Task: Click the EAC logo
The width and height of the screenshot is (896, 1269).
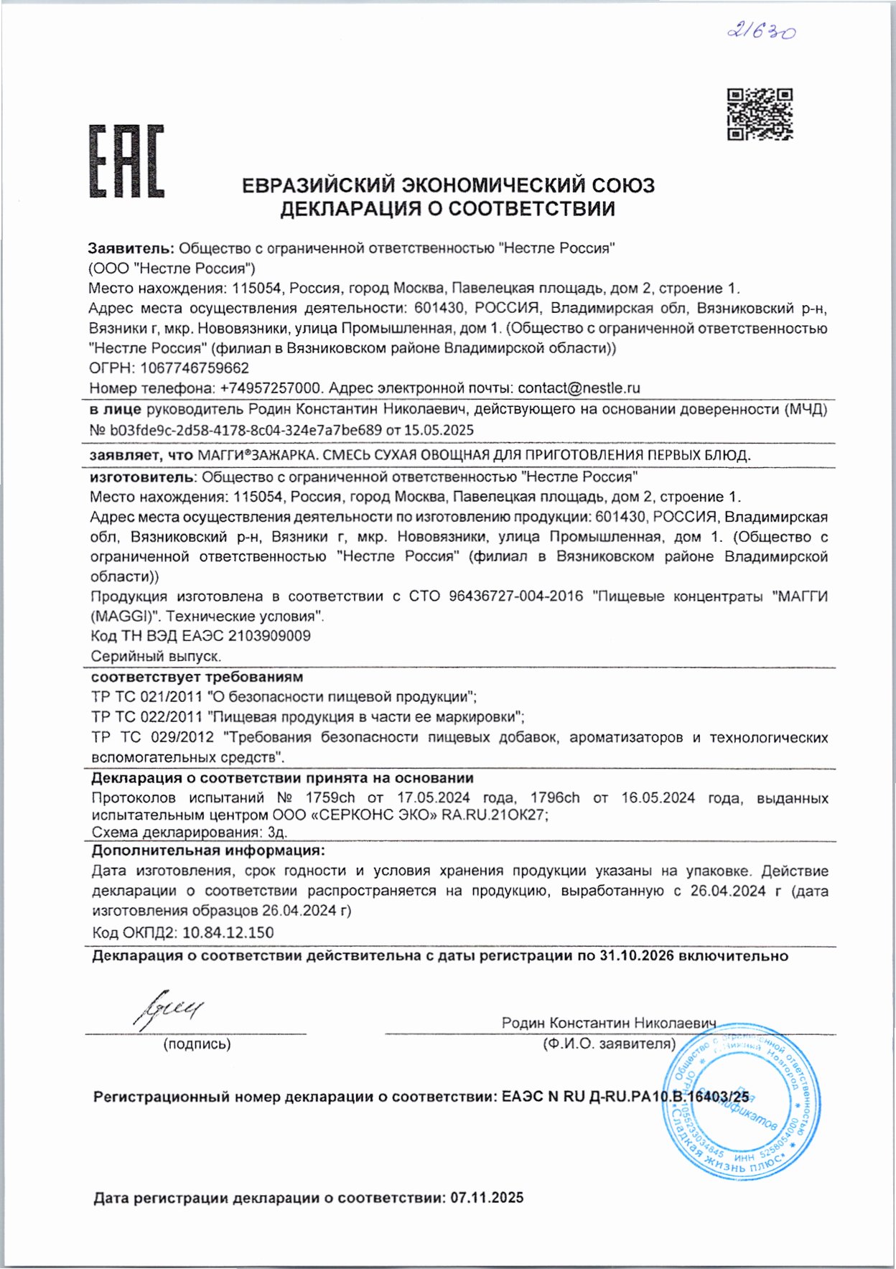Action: (x=126, y=161)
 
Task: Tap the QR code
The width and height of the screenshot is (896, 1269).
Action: (x=760, y=114)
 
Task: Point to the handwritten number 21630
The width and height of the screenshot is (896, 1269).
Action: (x=761, y=32)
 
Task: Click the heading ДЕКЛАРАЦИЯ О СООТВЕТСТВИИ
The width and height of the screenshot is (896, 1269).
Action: (x=447, y=209)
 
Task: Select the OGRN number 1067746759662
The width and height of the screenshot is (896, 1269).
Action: (x=195, y=368)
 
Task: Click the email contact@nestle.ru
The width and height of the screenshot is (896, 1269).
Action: (x=579, y=388)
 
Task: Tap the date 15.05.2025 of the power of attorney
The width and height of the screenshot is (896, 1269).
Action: (x=439, y=430)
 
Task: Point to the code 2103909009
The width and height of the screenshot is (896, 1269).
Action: (x=269, y=636)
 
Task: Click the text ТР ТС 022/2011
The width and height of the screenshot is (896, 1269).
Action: (x=147, y=717)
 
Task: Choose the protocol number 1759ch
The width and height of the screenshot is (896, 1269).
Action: (x=330, y=798)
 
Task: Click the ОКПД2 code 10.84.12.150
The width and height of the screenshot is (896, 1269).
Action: (x=228, y=933)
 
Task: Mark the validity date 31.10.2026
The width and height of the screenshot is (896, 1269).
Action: (x=637, y=956)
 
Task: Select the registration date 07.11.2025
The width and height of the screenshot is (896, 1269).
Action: (x=487, y=1198)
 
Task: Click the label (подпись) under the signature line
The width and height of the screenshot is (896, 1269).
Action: (x=197, y=1044)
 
